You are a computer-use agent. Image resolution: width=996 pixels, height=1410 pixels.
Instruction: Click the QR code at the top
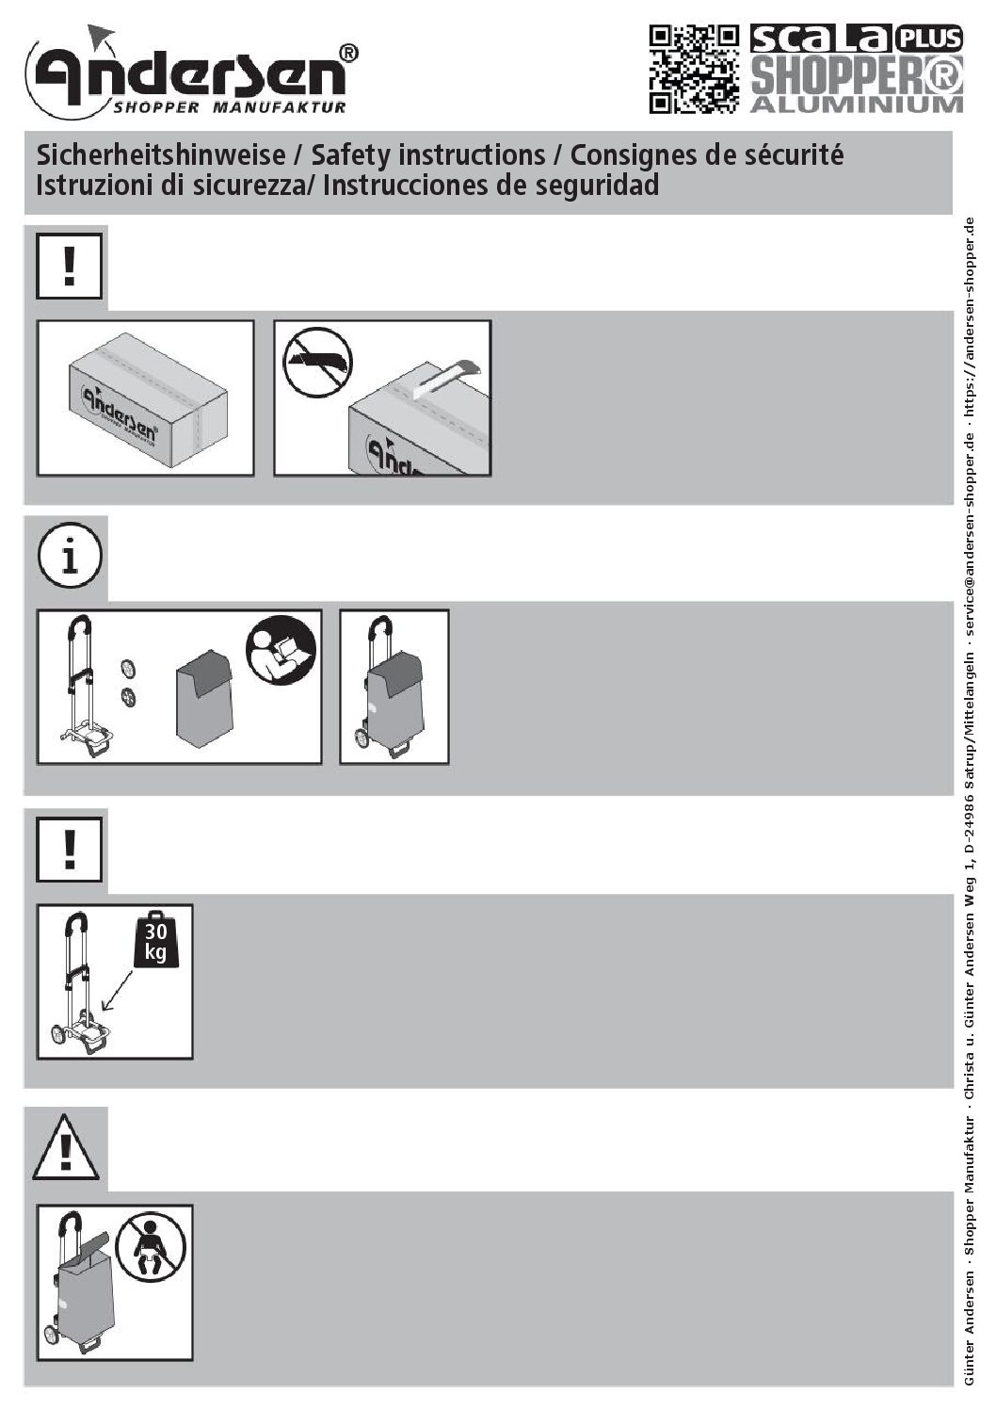tap(694, 70)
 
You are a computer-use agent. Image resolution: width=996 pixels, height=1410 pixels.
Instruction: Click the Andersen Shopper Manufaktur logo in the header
tap(191, 72)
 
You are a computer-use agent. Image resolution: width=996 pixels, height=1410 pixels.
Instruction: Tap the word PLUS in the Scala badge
tap(928, 39)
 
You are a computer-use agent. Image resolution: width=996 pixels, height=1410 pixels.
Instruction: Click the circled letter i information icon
tap(70, 557)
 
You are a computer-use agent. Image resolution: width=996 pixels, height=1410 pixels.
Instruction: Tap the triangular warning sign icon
tap(66, 1146)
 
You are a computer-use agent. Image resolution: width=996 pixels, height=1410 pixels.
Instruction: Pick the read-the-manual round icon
tap(281, 651)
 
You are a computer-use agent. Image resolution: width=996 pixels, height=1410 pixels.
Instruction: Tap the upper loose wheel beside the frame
tap(127, 669)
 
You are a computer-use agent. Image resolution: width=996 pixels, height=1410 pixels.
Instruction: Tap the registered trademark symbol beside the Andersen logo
tap(348, 54)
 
